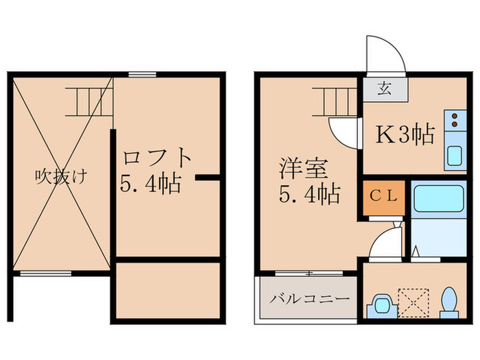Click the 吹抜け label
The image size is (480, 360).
pyautogui.click(x=61, y=177)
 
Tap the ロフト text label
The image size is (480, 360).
pyautogui.click(x=157, y=158)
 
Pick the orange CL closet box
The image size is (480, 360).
pyautogui.click(x=383, y=197)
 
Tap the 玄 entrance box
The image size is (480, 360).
pyautogui.click(x=385, y=88)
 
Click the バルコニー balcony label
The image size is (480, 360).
pyautogui.click(x=309, y=299)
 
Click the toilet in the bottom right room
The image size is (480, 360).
pyautogui.click(x=449, y=302)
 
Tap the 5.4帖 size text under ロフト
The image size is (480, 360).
pyautogui.click(x=151, y=184)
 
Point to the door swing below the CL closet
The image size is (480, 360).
pyautogui.click(x=385, y=241)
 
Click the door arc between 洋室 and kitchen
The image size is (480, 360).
pyautogui.click(x=343, y=130)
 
